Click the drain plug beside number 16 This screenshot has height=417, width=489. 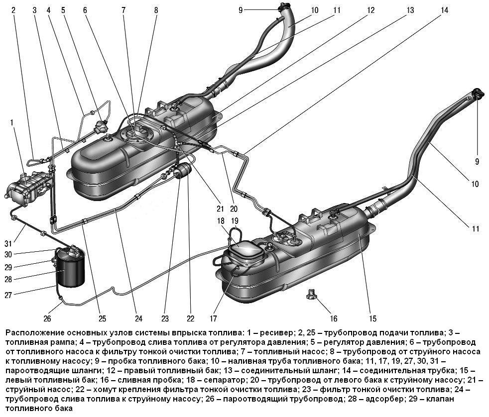click(x=311, y=294)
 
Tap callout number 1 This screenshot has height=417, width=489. click(x=12, y=122)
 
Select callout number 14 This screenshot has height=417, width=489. click(x=444, y=10)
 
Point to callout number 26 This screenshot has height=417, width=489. click(x=47, y=318)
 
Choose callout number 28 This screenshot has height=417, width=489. click(x=8, y=279)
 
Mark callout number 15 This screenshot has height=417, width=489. click(x=372, y=318)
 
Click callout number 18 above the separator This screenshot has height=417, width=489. click(x=221, y=221)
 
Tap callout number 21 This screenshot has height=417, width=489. click(x=220, y=208)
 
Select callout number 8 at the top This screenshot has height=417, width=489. click(x=156, y=10)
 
